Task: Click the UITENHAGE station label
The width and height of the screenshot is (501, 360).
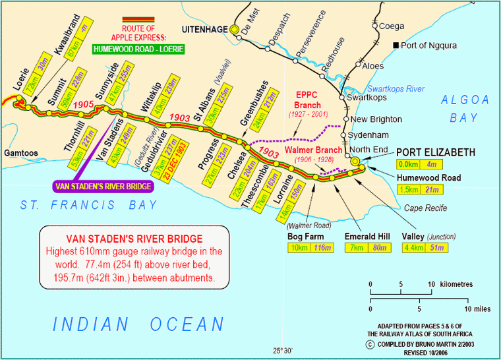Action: pyautogui.click(x=202, y=30)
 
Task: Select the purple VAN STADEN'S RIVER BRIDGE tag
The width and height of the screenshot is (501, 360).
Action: pyautogui.click(x=103, y=187)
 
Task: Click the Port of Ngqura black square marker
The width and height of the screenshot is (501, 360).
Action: pyautogui.click(x=396, y=45)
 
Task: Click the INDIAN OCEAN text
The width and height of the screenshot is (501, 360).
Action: pyautogui.click(x=139, y=324)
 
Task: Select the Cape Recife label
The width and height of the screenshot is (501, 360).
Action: pyautogui.click(x=425, y=208)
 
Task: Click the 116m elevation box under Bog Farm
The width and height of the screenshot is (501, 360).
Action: pyautogui.click(x=323, y=248)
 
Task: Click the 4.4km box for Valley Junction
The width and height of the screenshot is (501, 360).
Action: pyautogui.click(x=411, y=248)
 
